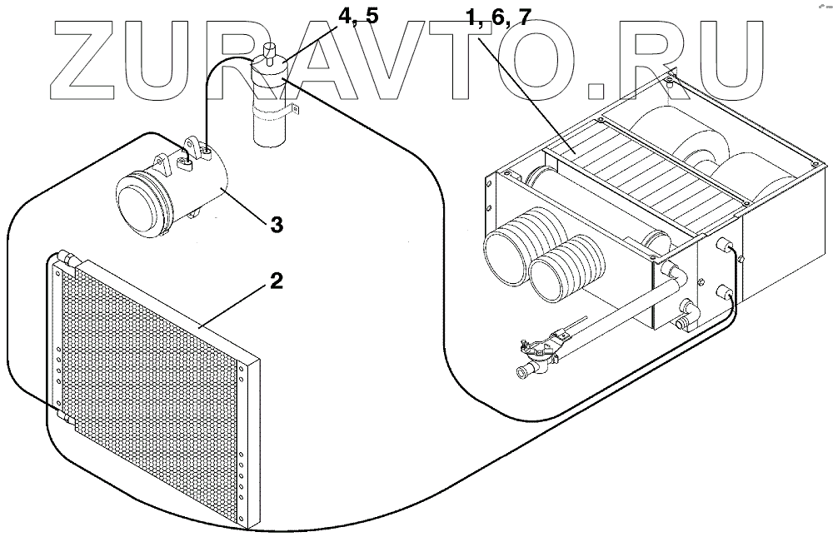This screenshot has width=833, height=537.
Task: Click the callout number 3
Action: point(276,225)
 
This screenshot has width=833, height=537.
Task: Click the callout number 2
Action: point(276,280)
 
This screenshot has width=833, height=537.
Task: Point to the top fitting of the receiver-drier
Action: point(268,50)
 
